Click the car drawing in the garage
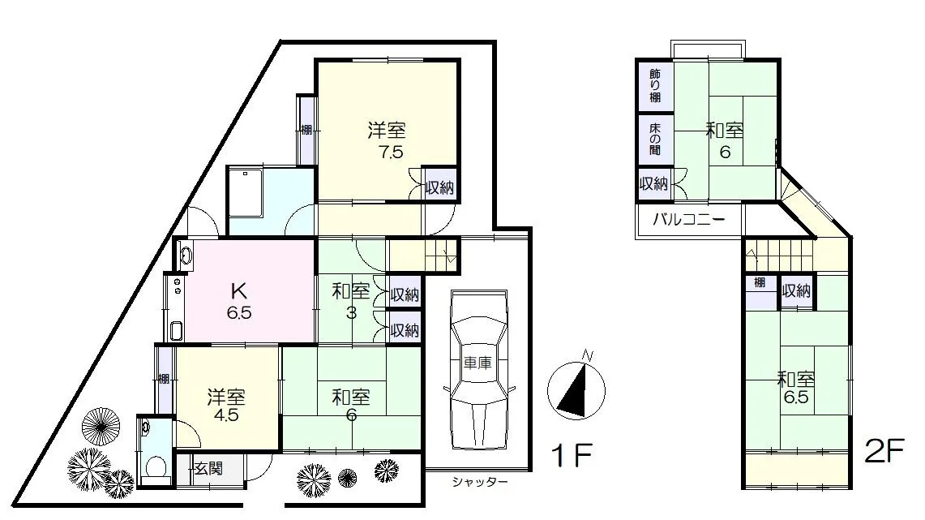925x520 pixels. tap(477, 372)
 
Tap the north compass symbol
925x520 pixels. tap(576, 389)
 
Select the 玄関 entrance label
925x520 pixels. tap(209, 469)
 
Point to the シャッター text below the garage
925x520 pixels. tap(480, 482)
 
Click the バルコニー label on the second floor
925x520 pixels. tap(689, 220)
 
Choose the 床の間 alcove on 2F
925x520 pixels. tap(655, 140)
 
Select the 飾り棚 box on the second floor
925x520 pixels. tap(655, 85)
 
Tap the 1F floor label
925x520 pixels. tap(571, 455)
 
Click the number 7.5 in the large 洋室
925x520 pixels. tap(391, 153)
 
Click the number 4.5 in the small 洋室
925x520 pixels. tap(226, 415)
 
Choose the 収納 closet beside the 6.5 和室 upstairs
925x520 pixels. tap(796, 291)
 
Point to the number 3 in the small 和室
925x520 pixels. tap(351, 313)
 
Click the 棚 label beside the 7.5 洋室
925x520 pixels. tap(306, 130)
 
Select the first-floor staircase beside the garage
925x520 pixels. tap(422, 255)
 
